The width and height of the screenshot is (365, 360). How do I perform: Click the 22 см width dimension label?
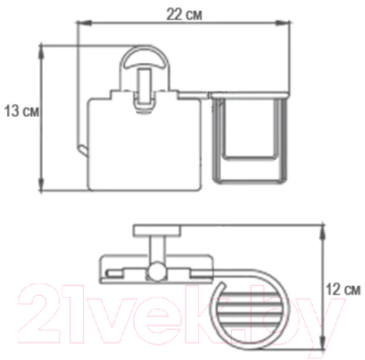183,15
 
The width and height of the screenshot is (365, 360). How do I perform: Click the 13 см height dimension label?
22,111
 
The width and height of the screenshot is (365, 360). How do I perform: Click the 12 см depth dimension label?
344,289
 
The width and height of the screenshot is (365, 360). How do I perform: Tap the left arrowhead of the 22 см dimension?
84,22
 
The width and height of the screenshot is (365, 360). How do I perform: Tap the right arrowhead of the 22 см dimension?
283,22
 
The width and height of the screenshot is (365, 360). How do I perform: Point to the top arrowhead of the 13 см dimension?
42,52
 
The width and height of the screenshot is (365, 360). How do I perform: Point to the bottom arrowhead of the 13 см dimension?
42,185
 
